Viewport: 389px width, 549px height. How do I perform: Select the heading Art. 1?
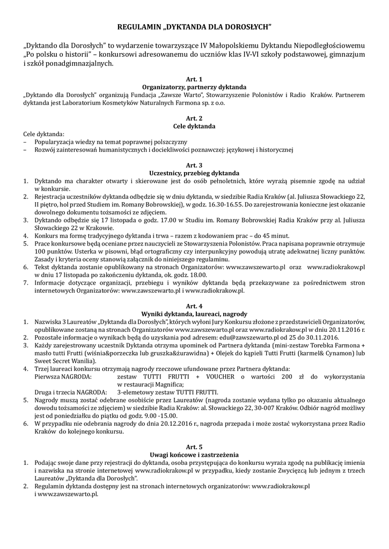coord(194,79)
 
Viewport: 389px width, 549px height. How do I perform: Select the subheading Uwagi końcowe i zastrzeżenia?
coord(194,454)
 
